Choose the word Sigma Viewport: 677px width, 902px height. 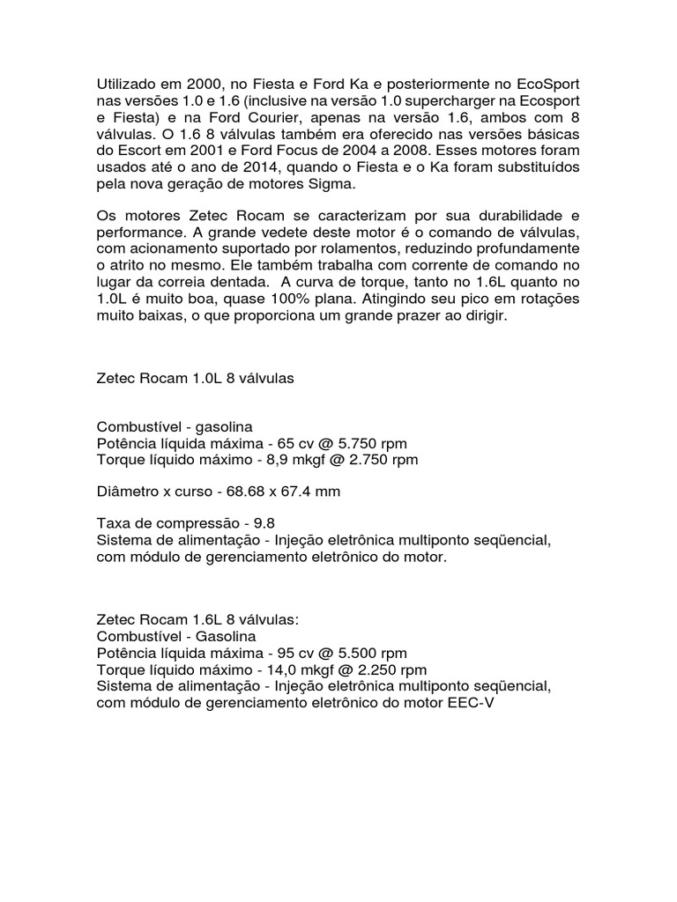(x=330, y=185)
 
